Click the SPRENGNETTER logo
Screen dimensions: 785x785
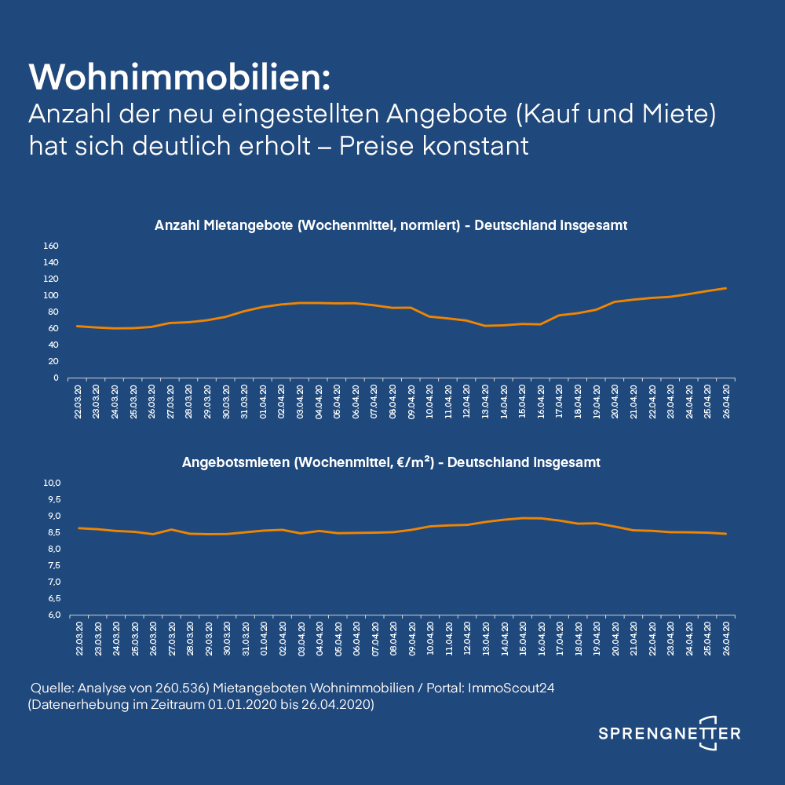(x=669, y=733)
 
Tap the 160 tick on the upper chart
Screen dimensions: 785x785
(x=51, y=246)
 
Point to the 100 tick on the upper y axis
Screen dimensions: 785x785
(x=51, y=295)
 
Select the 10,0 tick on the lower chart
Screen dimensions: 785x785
(x=52, y=483)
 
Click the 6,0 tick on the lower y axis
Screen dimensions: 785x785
(x=52, y=615)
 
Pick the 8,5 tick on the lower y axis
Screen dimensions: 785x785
(x=52, y=532)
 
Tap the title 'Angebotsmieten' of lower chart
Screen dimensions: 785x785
(x=236, y=462)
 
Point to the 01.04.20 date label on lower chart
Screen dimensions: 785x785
(x=264, y=637)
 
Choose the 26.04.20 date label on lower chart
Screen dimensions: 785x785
(x=726, y=637)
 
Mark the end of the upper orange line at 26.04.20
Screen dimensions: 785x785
(x=725, y=288)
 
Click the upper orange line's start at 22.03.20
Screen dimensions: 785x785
(x=77, y=326)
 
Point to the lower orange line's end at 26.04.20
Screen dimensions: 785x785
(x=725, y=534)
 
